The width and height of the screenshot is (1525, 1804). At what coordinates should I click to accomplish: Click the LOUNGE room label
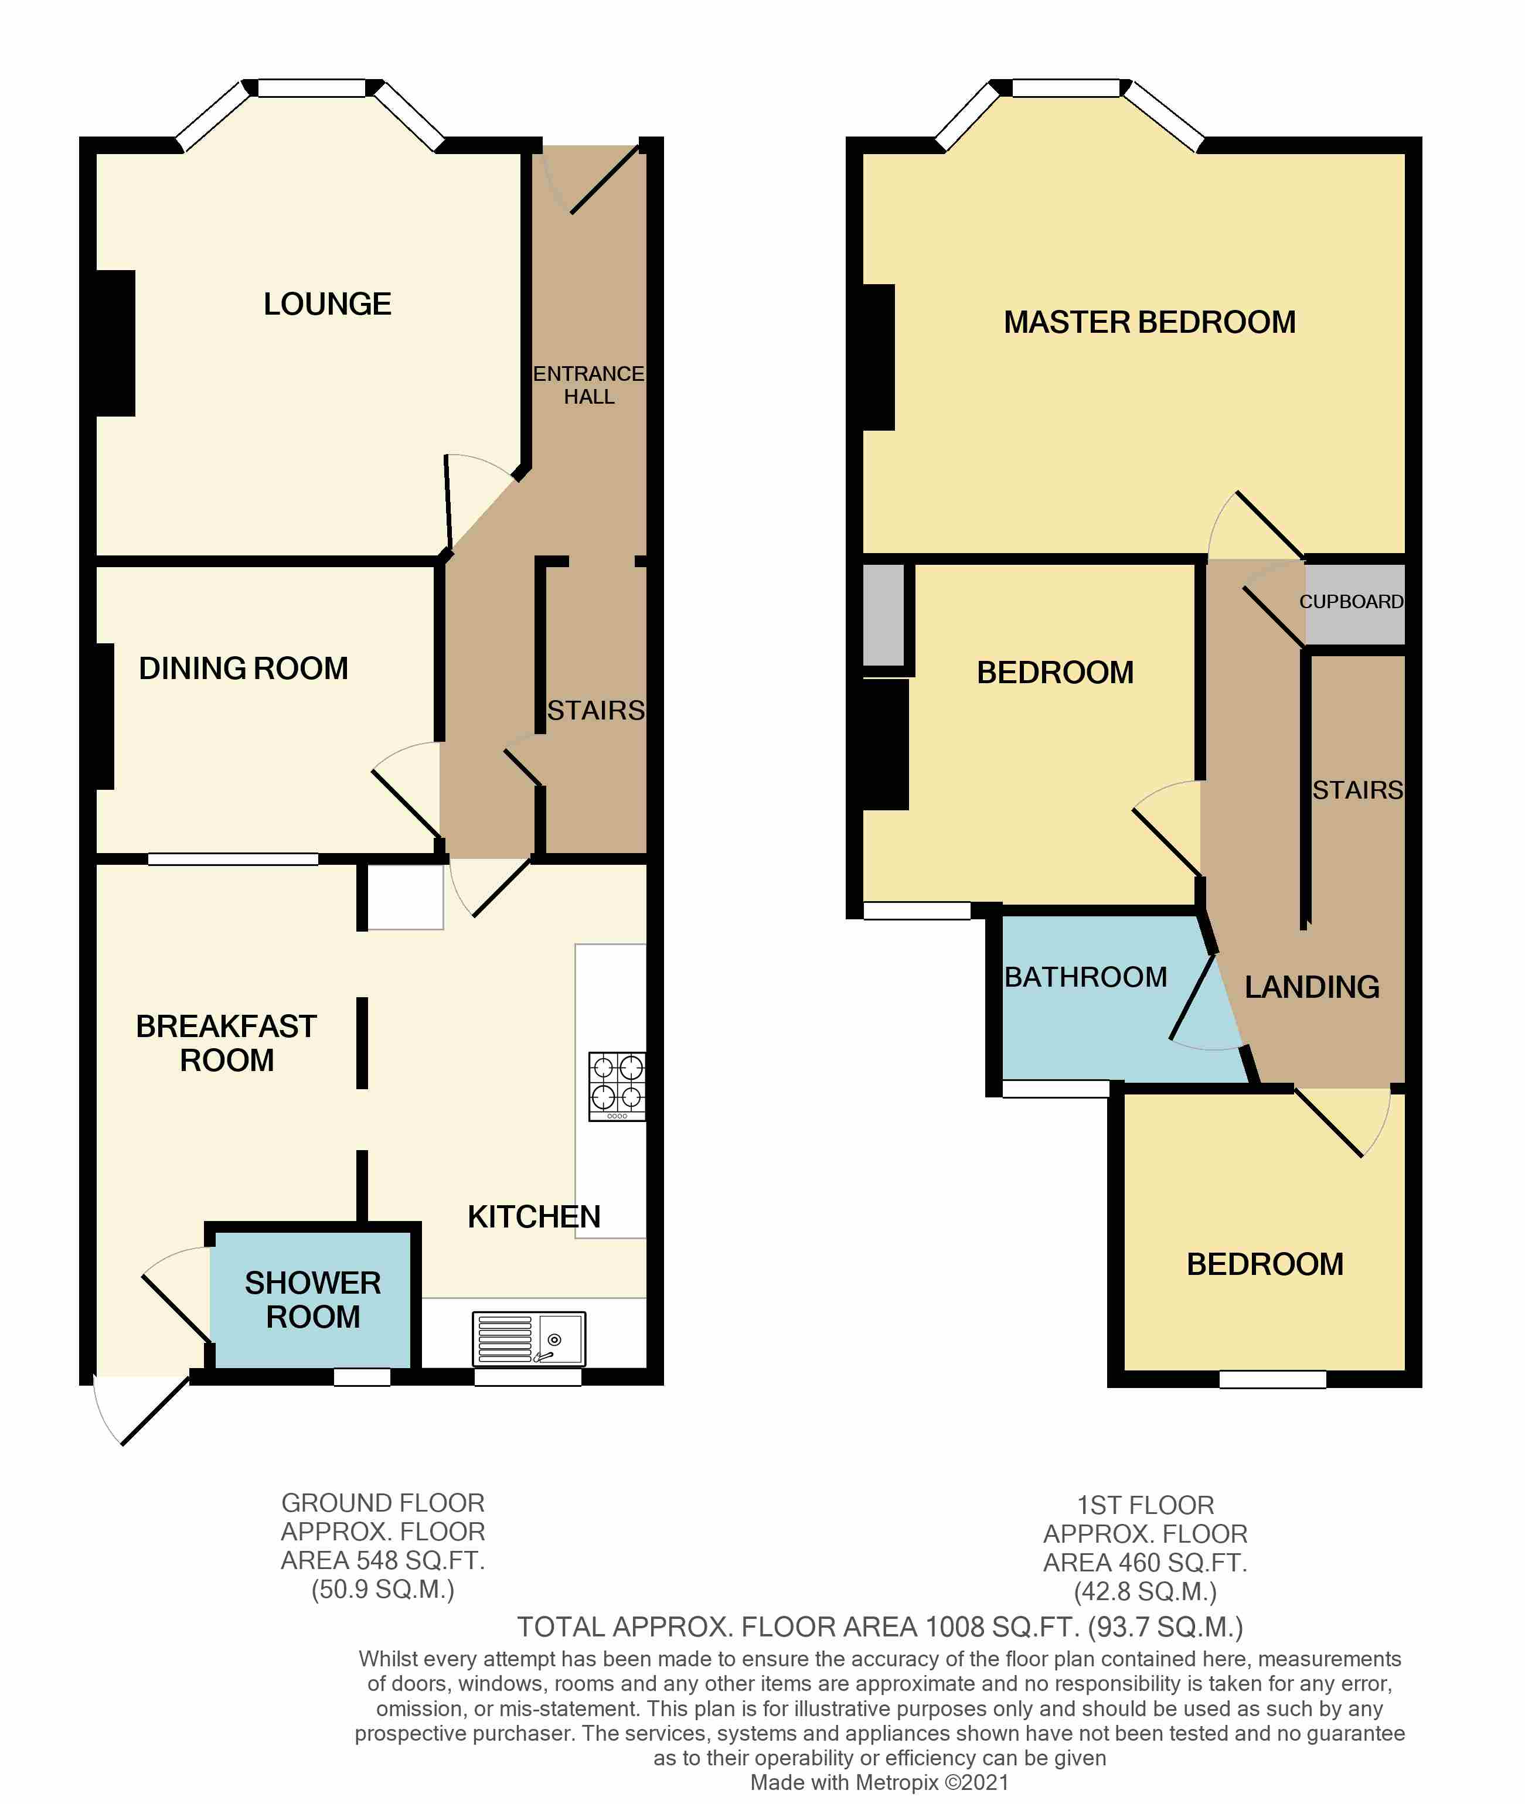click(327, 304)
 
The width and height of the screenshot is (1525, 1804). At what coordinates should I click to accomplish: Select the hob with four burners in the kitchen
click(617, 1086)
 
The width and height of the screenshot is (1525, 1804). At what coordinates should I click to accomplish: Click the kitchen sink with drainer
click(528, 1339)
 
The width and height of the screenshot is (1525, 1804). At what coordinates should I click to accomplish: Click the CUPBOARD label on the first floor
click(1352, 602)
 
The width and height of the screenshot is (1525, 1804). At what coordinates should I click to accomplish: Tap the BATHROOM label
click(1086, 977)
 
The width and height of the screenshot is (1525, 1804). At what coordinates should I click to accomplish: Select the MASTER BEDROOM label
click(1150, 322)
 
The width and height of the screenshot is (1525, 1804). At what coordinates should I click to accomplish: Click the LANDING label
click(1312, 987)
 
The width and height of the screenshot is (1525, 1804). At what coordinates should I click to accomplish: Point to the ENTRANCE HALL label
click(589, 385)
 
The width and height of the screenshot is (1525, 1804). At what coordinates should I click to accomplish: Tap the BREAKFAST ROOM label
click(226, 1043)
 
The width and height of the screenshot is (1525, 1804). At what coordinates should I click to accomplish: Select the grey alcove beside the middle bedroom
click(884, 615)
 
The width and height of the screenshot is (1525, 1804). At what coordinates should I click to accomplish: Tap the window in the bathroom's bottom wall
click(1056, 1088)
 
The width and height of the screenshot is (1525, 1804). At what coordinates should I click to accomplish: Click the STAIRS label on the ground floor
click(595, 711)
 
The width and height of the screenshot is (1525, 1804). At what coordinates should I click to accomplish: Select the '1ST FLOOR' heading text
click(1145, 1505)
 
